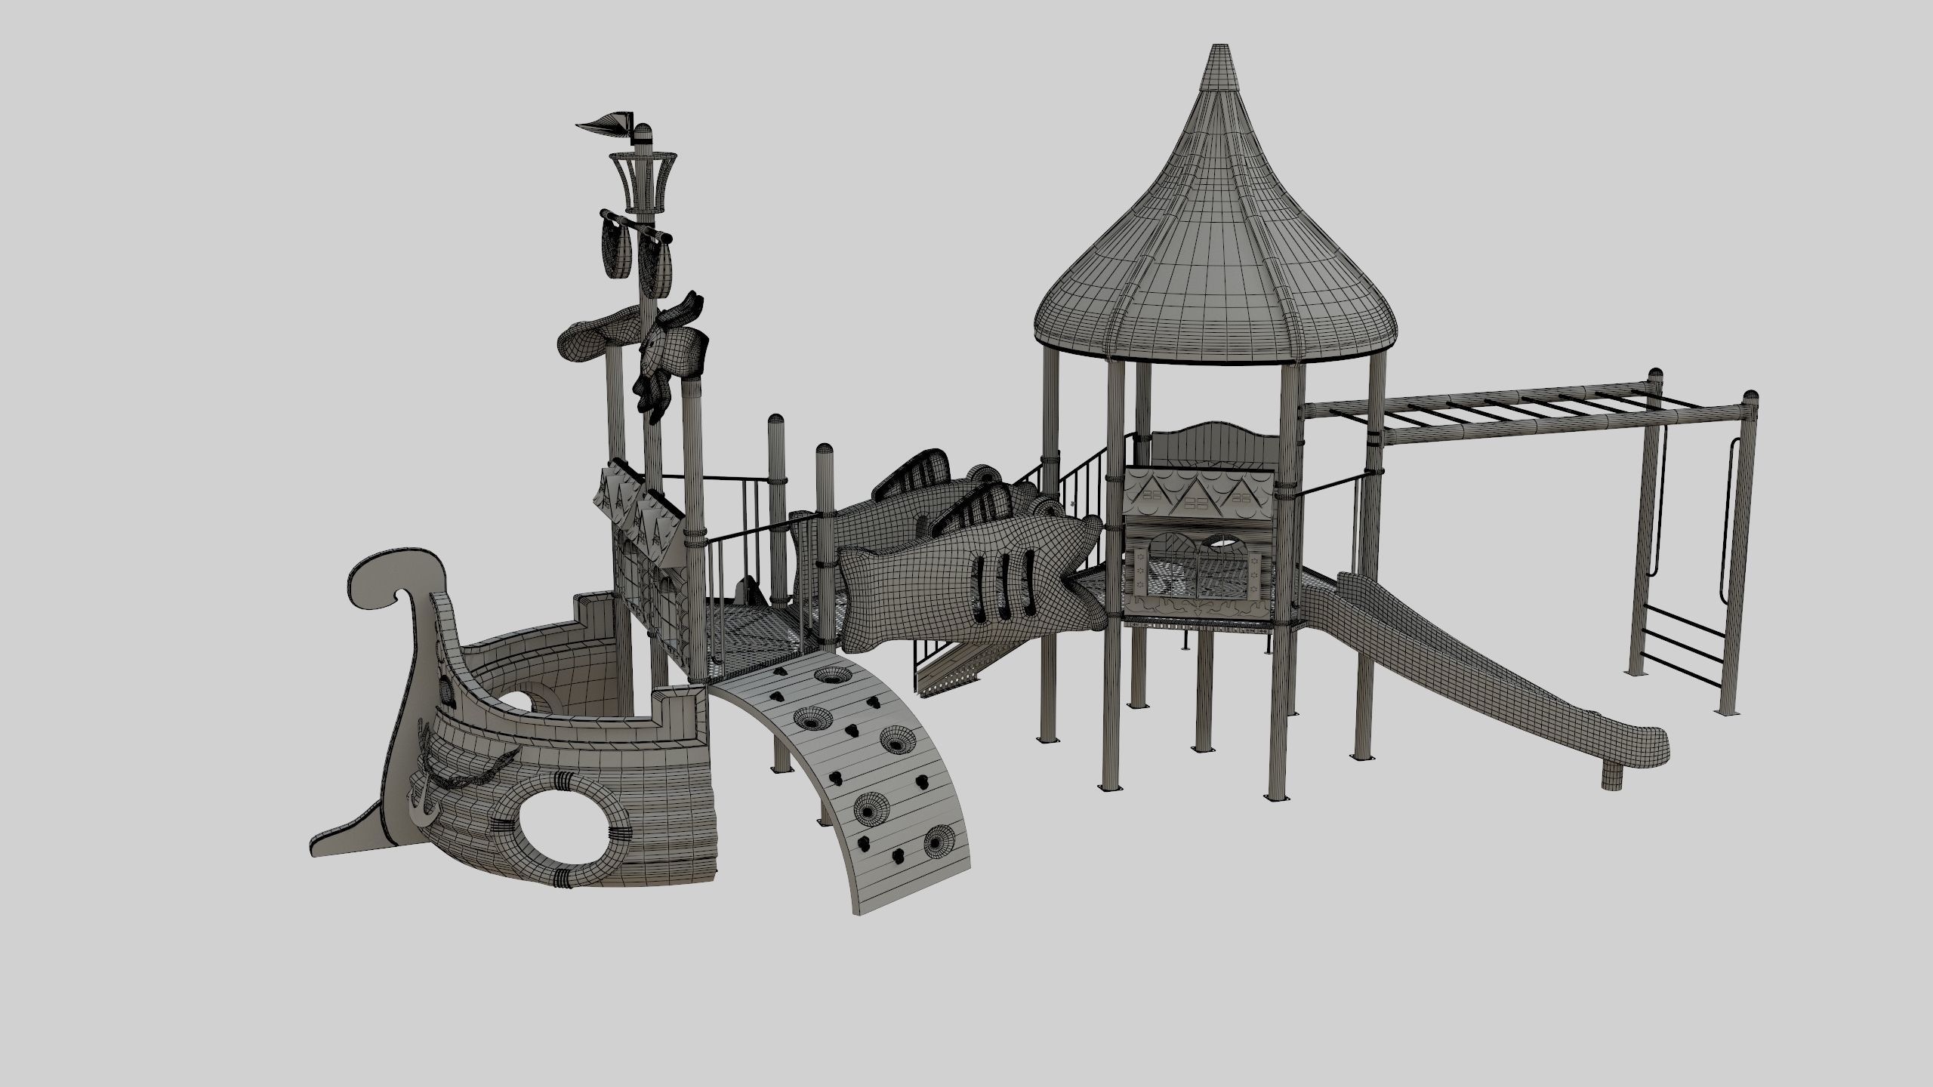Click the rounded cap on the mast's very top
tap(643, 132)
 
